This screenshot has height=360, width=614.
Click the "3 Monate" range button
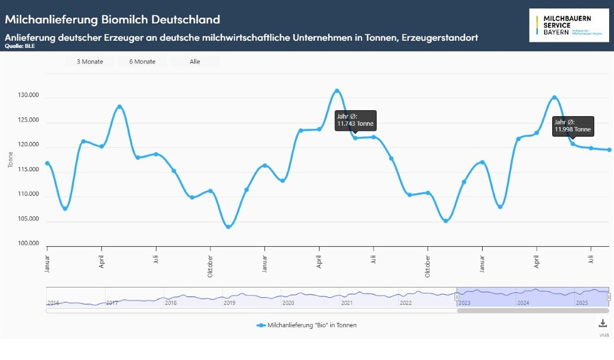pyautogui.click(x=90, y=62)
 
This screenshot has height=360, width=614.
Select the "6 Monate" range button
pyautogui.click(x=142, y=62)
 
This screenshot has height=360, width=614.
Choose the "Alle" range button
pyautogui.click(x=195, y=62)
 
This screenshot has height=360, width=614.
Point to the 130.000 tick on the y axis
pyautogui.click(x=28, y=95)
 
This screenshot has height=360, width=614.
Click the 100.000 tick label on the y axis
pyautogui.click(x=28, y=243)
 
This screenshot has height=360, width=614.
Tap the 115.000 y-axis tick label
pyautogui.click(x=28, y=169)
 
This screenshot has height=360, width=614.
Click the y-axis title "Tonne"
pyautogui.click(x=11, y=160)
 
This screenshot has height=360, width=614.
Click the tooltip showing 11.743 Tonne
pyautogui.click(x=355, y=120)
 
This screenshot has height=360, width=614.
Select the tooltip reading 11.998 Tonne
pyautogui.click(x=573, y=126)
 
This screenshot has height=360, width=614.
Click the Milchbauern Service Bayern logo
pyautogui.click(x=569, y=25)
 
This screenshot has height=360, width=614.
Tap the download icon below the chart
pyautogui.click(x=603, y=323)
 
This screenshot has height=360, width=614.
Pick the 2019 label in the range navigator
pyautogui.click(x=229, y=303)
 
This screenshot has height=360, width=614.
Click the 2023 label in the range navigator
pyautogui.click(x=464, y=303)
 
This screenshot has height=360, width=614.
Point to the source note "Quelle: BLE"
pyautogui.click(x=20, y=46)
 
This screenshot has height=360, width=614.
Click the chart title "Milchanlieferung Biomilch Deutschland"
pyautogui.click(x=113, y=19)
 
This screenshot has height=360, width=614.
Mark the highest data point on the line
pyautogui.click(x=337, y=91)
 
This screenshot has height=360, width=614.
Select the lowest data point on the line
pyautogui.click(x=228, y=227)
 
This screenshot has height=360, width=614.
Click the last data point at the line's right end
pyautogui.click(x=609, y=150)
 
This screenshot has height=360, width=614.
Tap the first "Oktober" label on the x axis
pyautogui.click(x=210, y=266)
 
